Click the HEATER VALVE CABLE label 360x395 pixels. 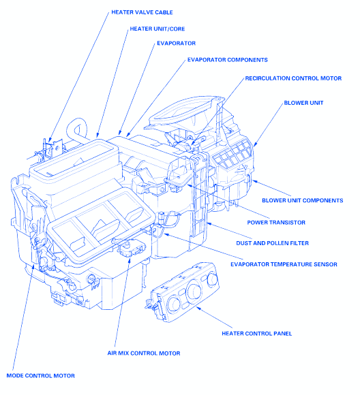pyautogui.click(x=142, y=12)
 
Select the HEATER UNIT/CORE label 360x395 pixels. pyautogui.click(x=157, y=29)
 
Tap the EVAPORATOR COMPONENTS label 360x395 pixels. pyautogui.click(x=227, y=60)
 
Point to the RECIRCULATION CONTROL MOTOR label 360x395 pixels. pyautogui.click(x=293, y=78)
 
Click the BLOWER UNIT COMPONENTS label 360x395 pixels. pyautogui.click(x=303, y=200)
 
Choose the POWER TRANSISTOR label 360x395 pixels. pyautogui.click(x=276, y=223)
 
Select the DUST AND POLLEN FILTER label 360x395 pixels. pyautogui.click(x=273, y=243)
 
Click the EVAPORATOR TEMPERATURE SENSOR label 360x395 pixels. pyautogui.click(x=284, y=264)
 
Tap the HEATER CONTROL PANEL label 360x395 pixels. pyautogui.click(x=257, y=334)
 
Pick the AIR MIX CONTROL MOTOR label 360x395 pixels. pyautogui.click(x=144, y=353)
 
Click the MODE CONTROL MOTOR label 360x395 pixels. pyautogui.click(x=41, y=376)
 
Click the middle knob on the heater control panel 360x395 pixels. pyautogui.click(x=194, y=291)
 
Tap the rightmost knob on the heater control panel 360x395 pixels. pyautogui.click(x=213, y=279)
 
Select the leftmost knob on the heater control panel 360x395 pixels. pyautogui.click(x=175, y=303)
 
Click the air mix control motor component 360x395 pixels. pyautogui.click(x=131, y=248)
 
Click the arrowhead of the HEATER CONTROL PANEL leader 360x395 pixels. pyautogui.click(x=198, y=308)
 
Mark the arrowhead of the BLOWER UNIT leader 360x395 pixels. pyautogui.click(x=255, y=144)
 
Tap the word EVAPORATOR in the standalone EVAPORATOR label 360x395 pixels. pyautogui.click(x=177, y=44)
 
